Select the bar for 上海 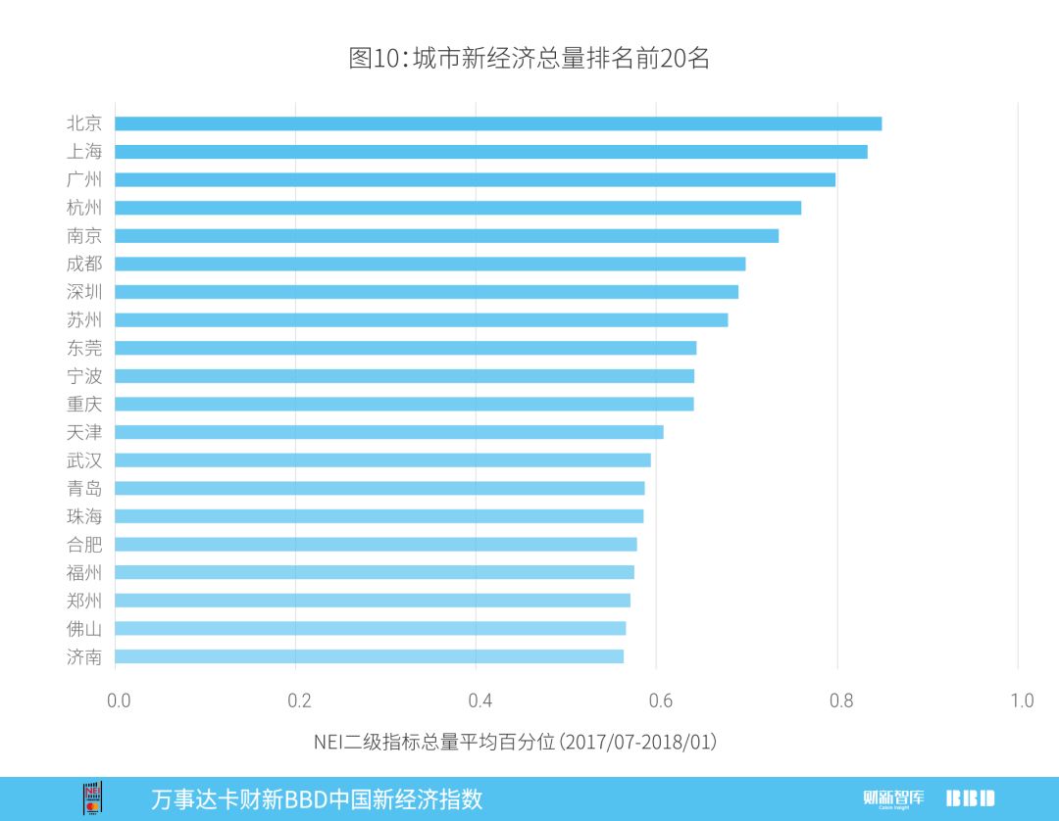pos(490,152)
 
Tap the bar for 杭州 pos(458,208)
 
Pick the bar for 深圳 pos(427,292)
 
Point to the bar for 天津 pos(389,432)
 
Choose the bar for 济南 pos(369,656)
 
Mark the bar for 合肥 pos(376,544)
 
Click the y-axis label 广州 pos(84,179)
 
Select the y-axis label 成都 pos(84,264)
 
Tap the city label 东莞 pos(84,348)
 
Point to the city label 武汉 pos(84,460)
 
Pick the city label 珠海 pos(84,516)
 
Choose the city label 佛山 pos(84,628)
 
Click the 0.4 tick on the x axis pos(479,700)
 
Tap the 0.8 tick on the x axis pos(840,700)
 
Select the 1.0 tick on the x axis pos(1022,700)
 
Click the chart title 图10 pos(529,58)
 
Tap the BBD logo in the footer pos(970,797)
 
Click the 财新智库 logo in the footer pos(893,797)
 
